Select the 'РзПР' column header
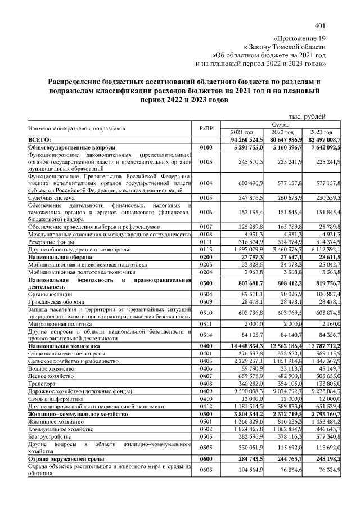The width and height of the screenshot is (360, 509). pos(207,128)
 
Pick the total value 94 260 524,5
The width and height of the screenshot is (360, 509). pos(244,139)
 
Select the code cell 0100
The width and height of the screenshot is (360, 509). pos(207,147)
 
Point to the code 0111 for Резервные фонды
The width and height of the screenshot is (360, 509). pos(207,241)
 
